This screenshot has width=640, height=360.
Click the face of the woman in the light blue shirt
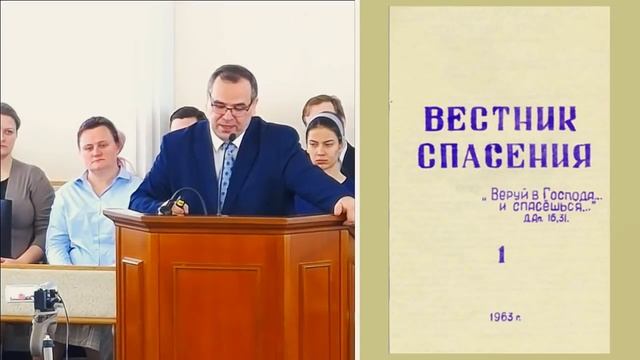click(100, 146)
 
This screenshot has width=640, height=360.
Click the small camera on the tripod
click(44, 299)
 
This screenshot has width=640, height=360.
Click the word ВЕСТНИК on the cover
click(499, 119)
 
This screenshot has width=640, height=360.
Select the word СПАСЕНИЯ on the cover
click(503, 155)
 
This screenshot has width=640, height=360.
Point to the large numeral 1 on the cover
click(501, 254)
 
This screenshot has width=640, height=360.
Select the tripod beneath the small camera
click(41, 335)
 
